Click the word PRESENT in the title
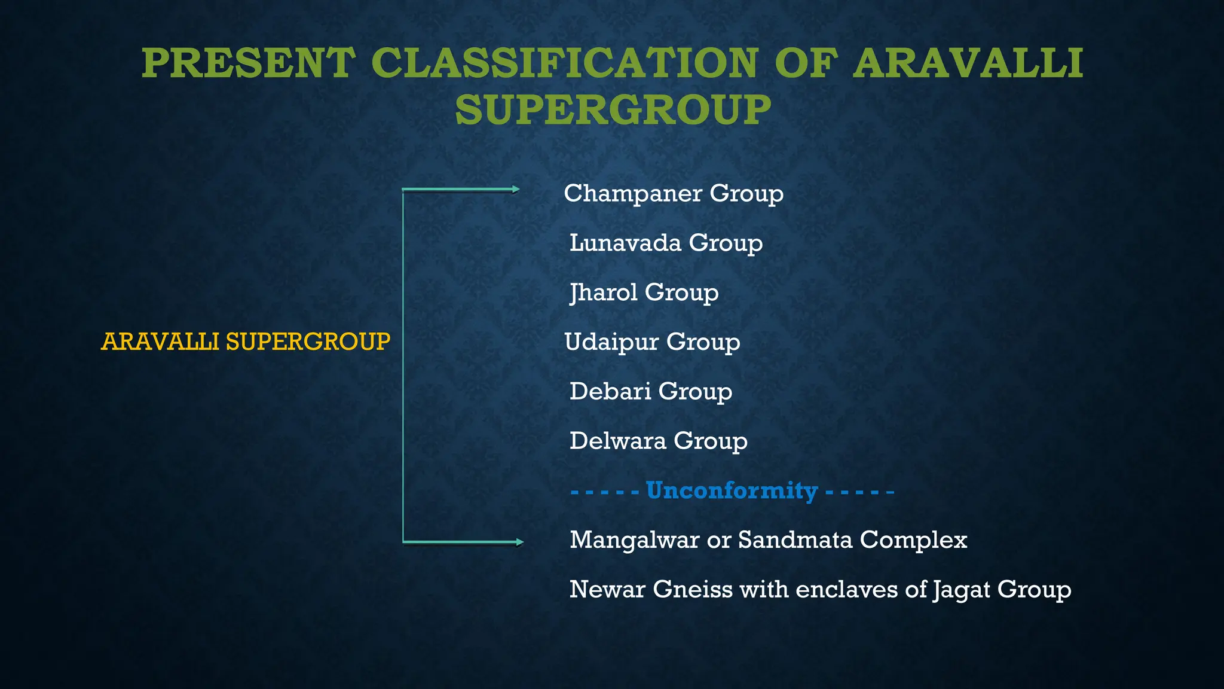[x=248, y=63]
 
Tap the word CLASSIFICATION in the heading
[x=564, y=63]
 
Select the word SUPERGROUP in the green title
[x=613, y=110]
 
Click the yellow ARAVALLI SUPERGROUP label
[x=246, y=342]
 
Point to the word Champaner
[x=633, y=194]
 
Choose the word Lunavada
[x=625, y=243]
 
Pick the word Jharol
[x=603, y=292]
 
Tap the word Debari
[x=610, y=391]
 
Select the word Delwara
[x=617, y=441]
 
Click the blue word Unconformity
[x=732, y=490]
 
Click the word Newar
[x=607, y=590]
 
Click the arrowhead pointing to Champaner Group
[x=516, y=190]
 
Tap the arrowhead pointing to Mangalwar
[x=519, y=542]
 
